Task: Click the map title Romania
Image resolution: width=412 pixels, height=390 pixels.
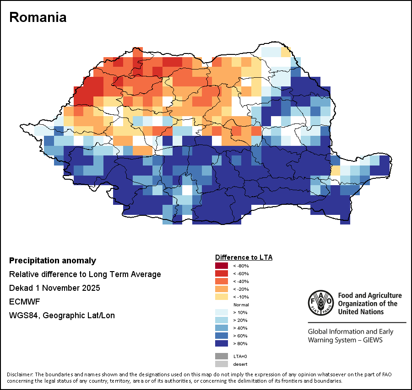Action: point(38,17)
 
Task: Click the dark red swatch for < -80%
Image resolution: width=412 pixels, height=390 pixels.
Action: point(221,266)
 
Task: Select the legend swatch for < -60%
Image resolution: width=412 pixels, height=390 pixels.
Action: point(221,273)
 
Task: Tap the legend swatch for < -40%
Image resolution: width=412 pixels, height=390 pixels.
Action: point(221,281)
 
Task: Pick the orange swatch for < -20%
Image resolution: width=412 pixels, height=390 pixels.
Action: point(221,289)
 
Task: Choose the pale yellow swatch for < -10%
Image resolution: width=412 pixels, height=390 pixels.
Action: point(221,297)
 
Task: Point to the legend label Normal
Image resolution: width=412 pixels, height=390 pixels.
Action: point(241,305)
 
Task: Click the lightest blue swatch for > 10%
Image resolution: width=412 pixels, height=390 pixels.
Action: point(221,312)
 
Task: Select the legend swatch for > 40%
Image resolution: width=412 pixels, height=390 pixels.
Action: point(221,328)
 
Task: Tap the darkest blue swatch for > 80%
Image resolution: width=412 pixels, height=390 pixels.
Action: point(221,343)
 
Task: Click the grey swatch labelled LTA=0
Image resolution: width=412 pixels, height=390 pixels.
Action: point(221,356)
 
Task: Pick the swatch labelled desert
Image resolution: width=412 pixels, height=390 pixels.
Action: point(221,364)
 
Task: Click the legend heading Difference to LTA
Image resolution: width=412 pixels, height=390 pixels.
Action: point(244,257)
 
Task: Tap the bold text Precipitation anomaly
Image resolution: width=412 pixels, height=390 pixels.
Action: point(53,261)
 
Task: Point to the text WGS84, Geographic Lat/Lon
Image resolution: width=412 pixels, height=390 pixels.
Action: point(62,315)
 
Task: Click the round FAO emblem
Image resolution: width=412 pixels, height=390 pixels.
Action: point(320,303)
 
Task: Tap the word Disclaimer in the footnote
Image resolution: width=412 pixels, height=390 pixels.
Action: point(20,374)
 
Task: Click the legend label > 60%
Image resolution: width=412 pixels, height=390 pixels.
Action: point(240,336)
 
